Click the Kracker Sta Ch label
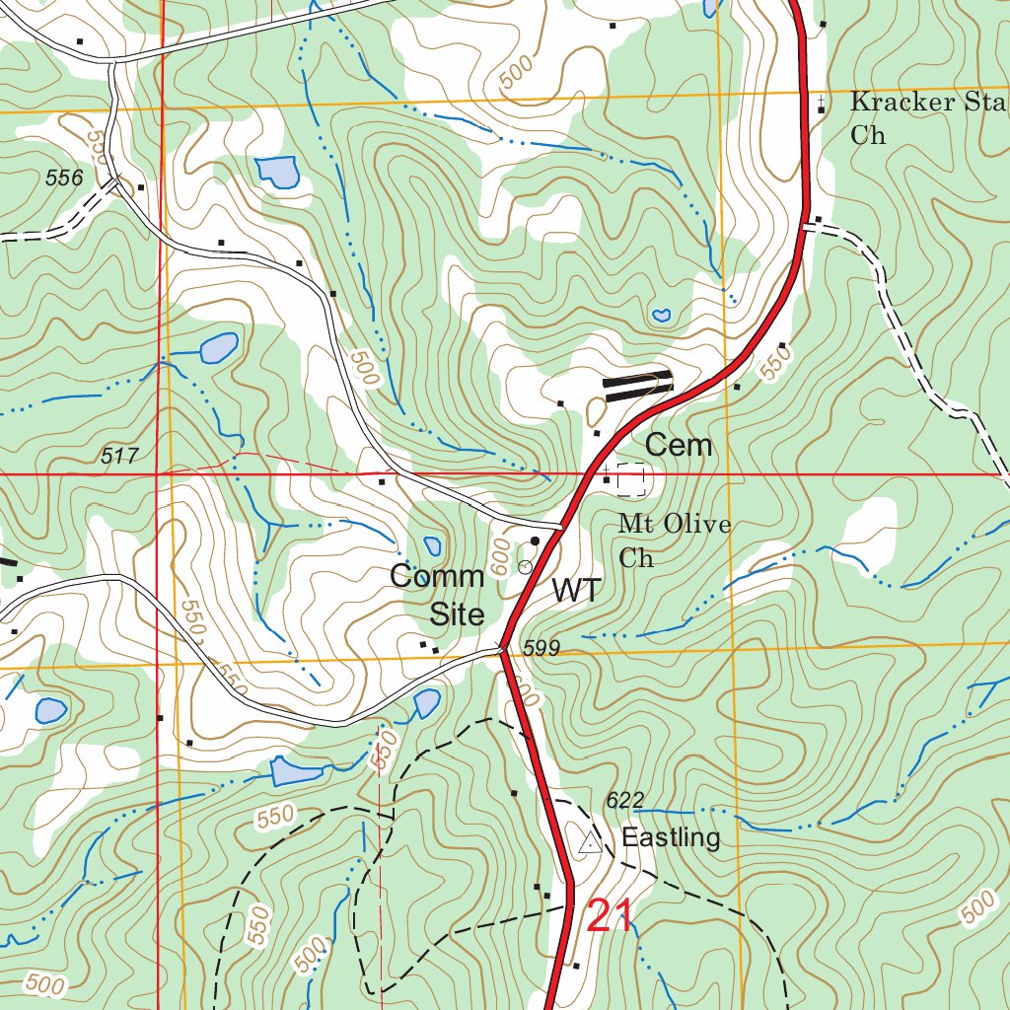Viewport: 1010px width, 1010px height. pyautogui.click(x=927, y=117)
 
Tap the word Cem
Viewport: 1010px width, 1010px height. pyautogui.click(x=678, y=446)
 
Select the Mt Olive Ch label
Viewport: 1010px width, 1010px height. pyautogui.click(x=675, y=541)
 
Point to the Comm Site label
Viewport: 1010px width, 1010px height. pyautogui.click(x=437, y=595)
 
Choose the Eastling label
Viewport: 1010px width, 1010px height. pyautogui.click(x=671, y=838)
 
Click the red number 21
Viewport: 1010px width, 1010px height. pyautogui.click(x=609, y=916)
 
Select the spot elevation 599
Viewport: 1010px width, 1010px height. pyautogui.click(x=541, y=648)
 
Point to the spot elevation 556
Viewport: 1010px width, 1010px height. pyautogui.click(x=64, y=178)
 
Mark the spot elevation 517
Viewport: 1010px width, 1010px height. pyautogui.click(x=119, y=456)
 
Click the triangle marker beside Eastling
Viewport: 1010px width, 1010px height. pyautogui.click(x=590, y=842)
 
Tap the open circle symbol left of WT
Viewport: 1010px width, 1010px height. pyautogui.click(x=525, y=566)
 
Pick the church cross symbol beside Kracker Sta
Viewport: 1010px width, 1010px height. pyautogui.click(x=821, y=103)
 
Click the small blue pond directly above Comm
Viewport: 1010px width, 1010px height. pyautogui.click(x=432, y=546)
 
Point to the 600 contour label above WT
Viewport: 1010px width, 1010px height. pyautogui.click(x=501, y=559)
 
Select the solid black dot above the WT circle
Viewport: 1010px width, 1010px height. pyautogui.click(x=536, y=541)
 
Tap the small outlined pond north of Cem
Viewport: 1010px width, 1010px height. pyautogui.click(x=661, y=316)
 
